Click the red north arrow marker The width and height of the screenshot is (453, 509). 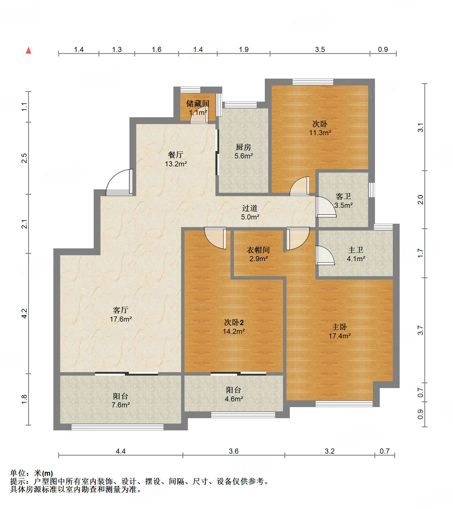point(28,50)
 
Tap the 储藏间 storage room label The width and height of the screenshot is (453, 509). point(198,104)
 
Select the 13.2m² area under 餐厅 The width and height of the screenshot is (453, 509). point(176,164)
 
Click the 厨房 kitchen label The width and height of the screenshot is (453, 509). point(243,147)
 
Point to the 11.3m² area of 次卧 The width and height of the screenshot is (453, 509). point(320,133)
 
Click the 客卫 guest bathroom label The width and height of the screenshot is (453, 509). point(343,196)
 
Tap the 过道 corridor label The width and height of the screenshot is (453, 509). point(250,208)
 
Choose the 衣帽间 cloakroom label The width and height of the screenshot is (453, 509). point(258,250)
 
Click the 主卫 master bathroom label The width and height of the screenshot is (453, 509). point(356,250)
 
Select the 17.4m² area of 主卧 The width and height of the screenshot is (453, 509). point(339,336)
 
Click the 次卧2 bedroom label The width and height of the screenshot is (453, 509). point(234,322)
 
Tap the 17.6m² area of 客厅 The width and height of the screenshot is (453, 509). point(121,319)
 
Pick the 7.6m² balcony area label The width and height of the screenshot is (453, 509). point(121,405)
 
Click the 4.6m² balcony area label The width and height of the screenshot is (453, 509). point(234,399)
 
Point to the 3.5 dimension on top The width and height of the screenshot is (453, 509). point(320,50)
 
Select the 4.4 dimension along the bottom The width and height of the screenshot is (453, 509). point(121,451)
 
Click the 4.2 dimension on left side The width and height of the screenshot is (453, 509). point(24,313)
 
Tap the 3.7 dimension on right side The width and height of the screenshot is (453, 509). point(420,330)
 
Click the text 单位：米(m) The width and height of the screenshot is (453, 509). point(32,473)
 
